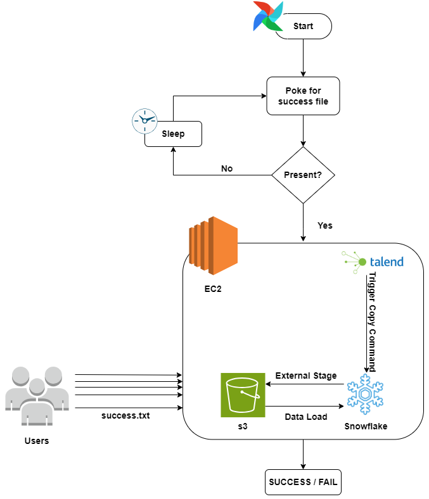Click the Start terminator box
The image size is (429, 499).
(x=303, y=26)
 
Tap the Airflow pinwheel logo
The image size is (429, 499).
(x=268, y=16)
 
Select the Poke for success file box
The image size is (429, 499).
(x=303, y=96)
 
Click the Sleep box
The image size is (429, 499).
(x=173, y=134)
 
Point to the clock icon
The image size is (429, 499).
(x=144, y=121)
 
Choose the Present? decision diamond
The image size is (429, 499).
(x=303, y=175)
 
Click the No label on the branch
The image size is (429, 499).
(x=227, y=168)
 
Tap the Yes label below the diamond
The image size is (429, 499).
(x=325, y=225)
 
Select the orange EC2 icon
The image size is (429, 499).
(x=213, y=246)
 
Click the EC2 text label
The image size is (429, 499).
(x=213, y=289)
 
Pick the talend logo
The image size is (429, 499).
(x=373, y=262)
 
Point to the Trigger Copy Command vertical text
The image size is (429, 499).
(x=372, y=322)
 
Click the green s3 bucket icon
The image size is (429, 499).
(x=243, y=395)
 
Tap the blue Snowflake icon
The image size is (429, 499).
(x=365, y=395)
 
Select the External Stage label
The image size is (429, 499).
(x=305, y=376)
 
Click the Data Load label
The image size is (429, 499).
(x=305, y=417)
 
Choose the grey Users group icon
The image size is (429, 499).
(x=37, y=396)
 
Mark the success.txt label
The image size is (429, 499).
(x=125, y=415)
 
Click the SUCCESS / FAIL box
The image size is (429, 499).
(x=303, y=482)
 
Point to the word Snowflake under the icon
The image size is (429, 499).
(x=366, y=426)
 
